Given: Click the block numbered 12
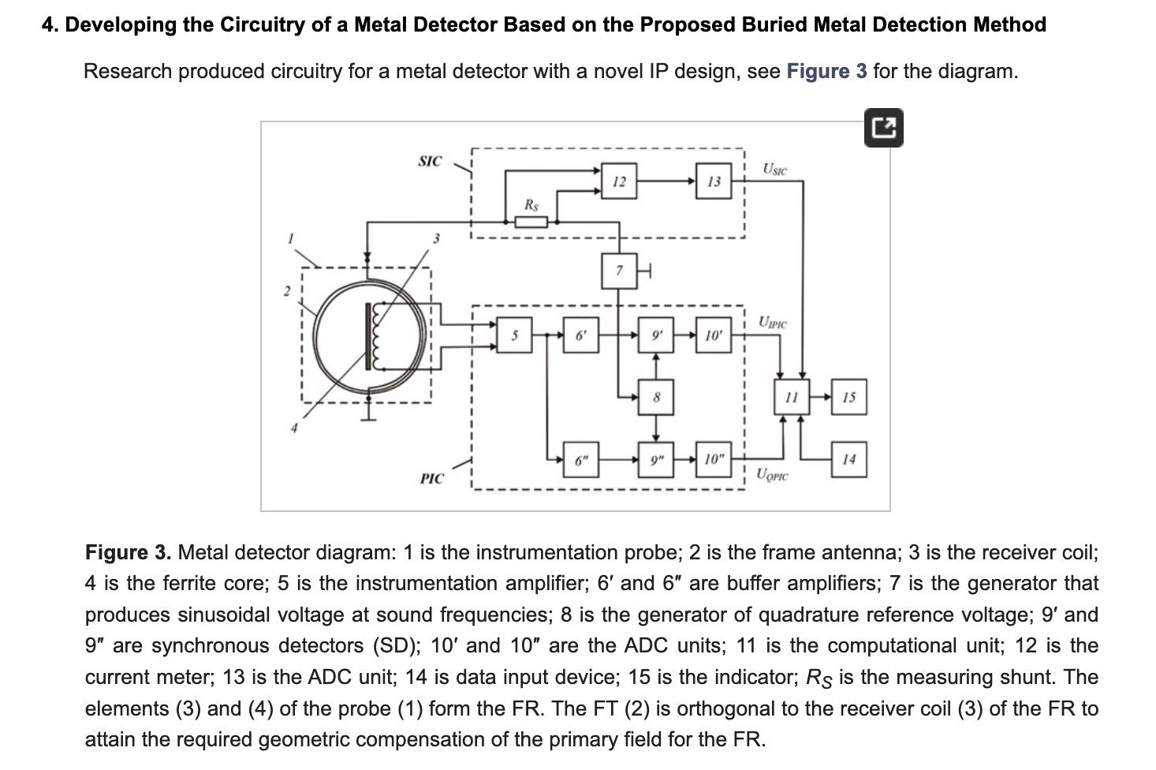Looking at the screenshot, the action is tap(619, 181).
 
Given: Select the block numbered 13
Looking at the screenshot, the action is tap(714, 181).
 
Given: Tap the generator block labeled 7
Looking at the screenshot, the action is tap(619, 271).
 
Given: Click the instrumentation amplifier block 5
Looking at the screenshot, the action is tap(514, 335).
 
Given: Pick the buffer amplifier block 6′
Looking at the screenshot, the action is tap(581, 335).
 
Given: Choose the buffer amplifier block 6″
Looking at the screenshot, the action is tap(581, 460).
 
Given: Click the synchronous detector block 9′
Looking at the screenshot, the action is tap(656, 335).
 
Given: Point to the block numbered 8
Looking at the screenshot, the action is tap(656, 397).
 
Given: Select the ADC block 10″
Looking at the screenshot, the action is tap(714, 460).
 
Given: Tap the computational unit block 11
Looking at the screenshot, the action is tap(792, 397).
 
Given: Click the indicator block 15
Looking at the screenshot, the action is tap(849, 397).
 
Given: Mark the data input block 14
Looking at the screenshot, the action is tap(849, 460).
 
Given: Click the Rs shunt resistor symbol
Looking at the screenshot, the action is tap(531, 222).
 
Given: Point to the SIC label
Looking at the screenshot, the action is tap(430, 162).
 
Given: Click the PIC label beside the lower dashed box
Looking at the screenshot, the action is tap(431, 479).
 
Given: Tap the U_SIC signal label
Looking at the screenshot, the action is tap(774, 169).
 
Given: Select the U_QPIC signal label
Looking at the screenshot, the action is tap(772, 475).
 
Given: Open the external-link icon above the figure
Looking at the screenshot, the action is tap(883, 128).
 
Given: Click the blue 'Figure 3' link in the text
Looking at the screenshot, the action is tap(826, 71).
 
